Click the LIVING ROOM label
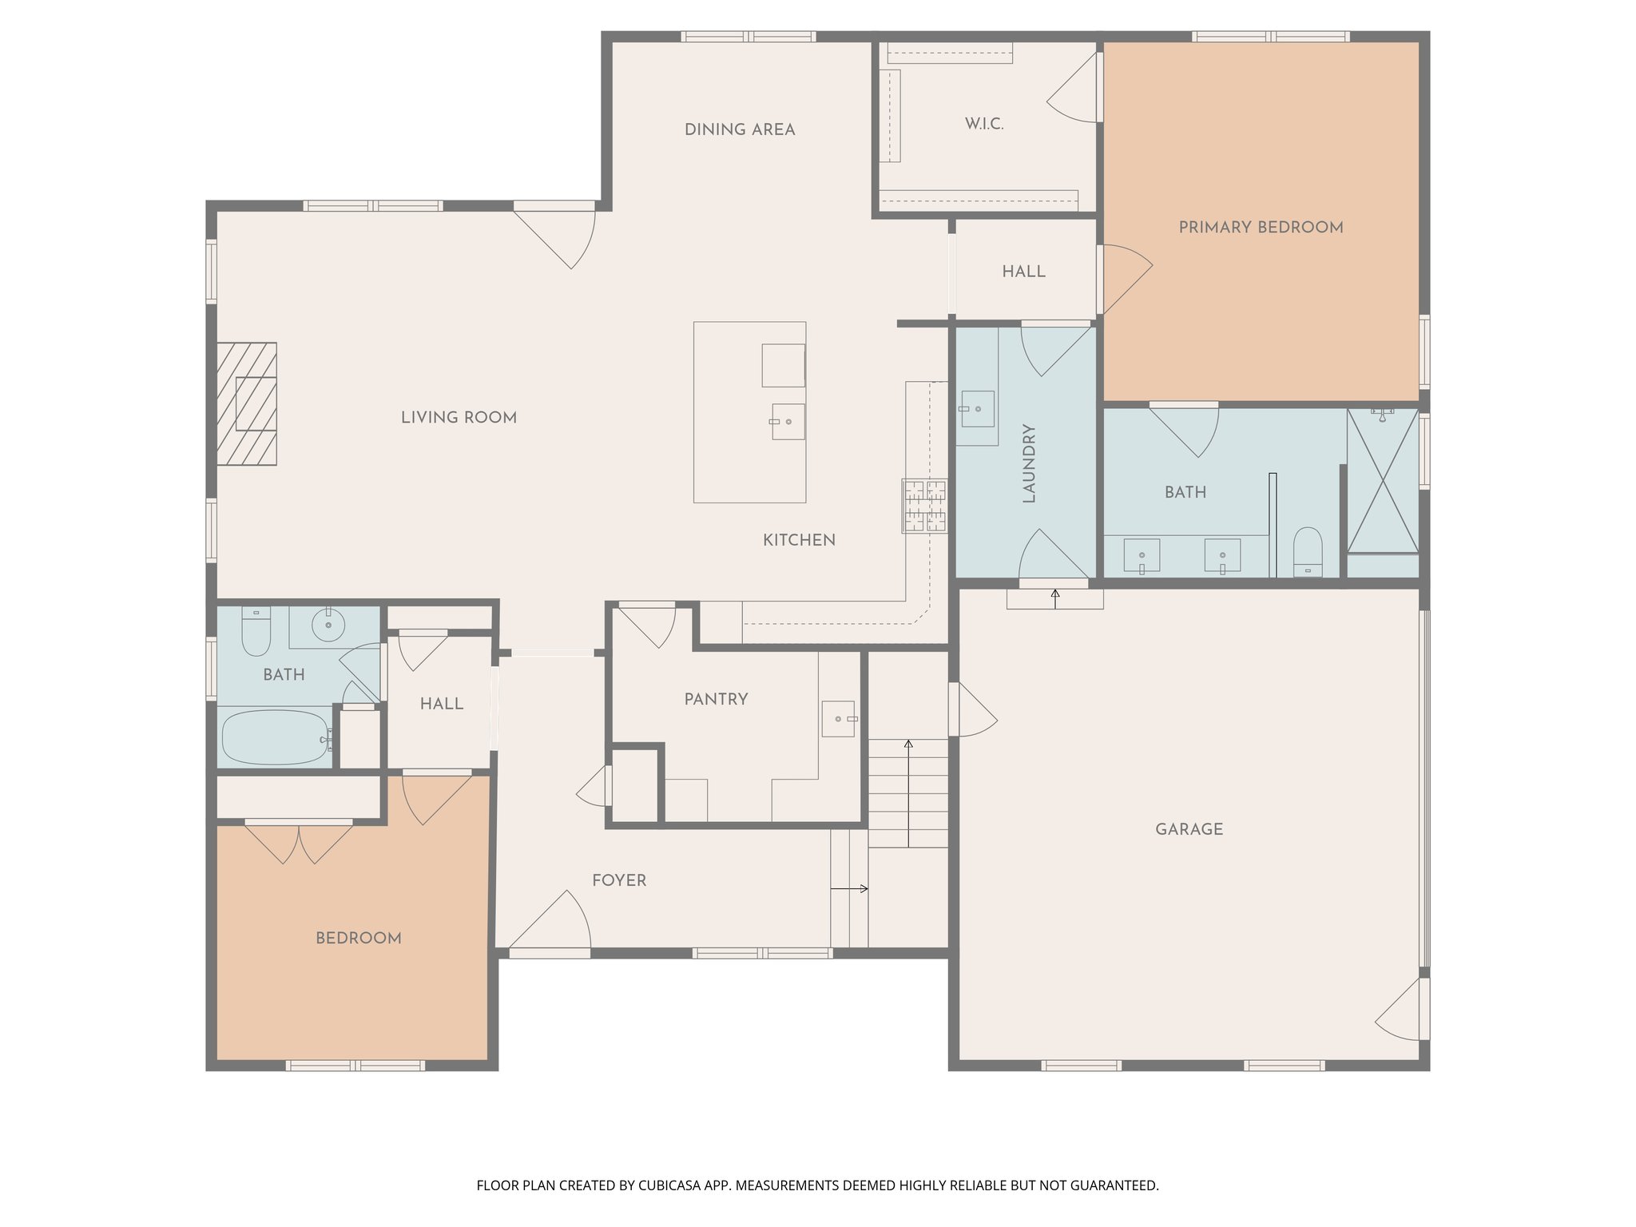[x=459, y=418]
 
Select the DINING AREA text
[x=740, y=130]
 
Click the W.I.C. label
[x=983, y=125]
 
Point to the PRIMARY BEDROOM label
[x=1261, y=228]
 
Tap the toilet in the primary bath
[x=1308, y=550]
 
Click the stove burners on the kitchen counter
[x=925, y=506]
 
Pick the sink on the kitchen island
[x=788, y=421]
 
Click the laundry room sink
[x=976, y=409]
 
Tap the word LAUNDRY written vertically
[x=1029, y=463]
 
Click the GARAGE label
[x=1189, y=830]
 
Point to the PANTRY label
[x=716, y=700]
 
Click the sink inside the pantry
[x=839, y=719]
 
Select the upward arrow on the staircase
[x=908, y=791]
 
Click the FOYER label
[x=619, y=881]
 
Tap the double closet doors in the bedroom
[x=299, y=843]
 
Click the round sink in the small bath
[x=328, y=624]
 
